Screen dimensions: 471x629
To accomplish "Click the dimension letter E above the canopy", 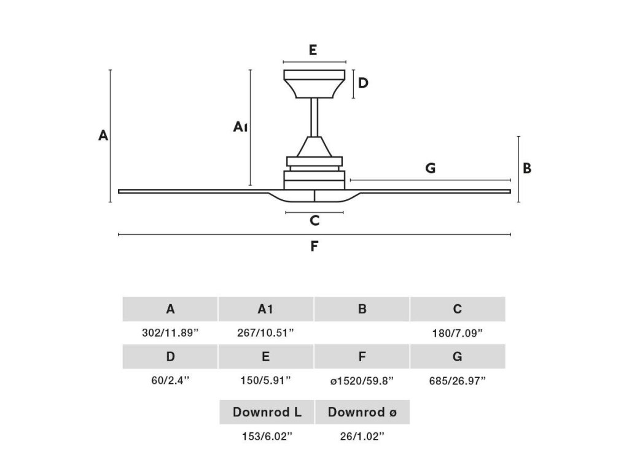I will [313, 50].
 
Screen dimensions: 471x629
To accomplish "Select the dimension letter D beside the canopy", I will [363, 83].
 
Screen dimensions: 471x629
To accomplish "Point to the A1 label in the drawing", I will [240, 127].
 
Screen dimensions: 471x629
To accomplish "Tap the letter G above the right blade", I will [430, 168].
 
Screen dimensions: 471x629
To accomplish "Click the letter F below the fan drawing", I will [314, 247].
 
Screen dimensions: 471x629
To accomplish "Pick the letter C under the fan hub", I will [314, 221].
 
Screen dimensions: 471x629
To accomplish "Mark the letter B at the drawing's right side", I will [527, 168].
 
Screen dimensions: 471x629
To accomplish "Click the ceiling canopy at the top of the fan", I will [314, 83].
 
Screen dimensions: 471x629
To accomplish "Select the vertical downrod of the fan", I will [314, 117].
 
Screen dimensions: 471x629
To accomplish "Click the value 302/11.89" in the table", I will [170, 333].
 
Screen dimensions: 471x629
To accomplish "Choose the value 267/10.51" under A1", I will [266, 333].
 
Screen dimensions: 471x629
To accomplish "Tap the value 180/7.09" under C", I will [458, 333].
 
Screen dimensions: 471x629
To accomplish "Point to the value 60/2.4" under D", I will [170, 380].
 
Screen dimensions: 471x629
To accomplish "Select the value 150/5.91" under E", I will [266, 380].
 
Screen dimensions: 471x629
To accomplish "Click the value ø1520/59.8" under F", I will [362, 380].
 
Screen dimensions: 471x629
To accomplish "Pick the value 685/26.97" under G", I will [458, 380].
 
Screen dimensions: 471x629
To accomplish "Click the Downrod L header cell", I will [267, 412].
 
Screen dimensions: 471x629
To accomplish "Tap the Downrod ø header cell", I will [362, 412].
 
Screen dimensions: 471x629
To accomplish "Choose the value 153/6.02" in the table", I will [266, 436].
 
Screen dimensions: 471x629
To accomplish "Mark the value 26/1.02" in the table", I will [362, 436].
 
